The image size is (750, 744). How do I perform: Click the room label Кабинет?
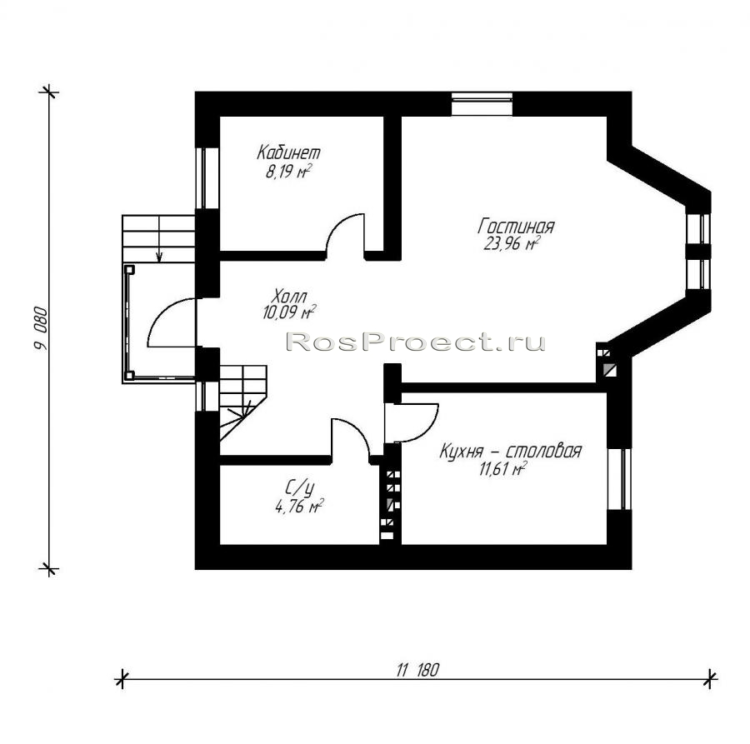[x=288, y=152]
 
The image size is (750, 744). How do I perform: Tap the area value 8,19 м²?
[x=288, y=171]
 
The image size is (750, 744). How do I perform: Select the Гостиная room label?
[x=516, y=226]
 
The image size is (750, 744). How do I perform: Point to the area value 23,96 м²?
[x=512, y=244]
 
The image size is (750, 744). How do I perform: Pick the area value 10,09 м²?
[x=289, y=312]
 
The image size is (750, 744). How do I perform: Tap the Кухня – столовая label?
[x=510, y=451]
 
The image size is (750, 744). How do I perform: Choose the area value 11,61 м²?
[x=502, y=469]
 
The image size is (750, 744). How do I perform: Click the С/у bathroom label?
[x=299, y=487]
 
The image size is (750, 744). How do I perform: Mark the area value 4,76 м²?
[x=299, y=506]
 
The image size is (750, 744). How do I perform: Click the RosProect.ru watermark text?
[x=415, y=342]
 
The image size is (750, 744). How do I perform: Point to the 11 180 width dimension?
[x=417, y=670]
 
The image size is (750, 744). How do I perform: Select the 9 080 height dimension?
[x=41, y=328]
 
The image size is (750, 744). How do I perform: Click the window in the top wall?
[x=482, y=104]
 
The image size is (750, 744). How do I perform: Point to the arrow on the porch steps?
[x=159, y=238]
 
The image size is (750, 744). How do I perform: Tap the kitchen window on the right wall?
[x=619, y=479]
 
